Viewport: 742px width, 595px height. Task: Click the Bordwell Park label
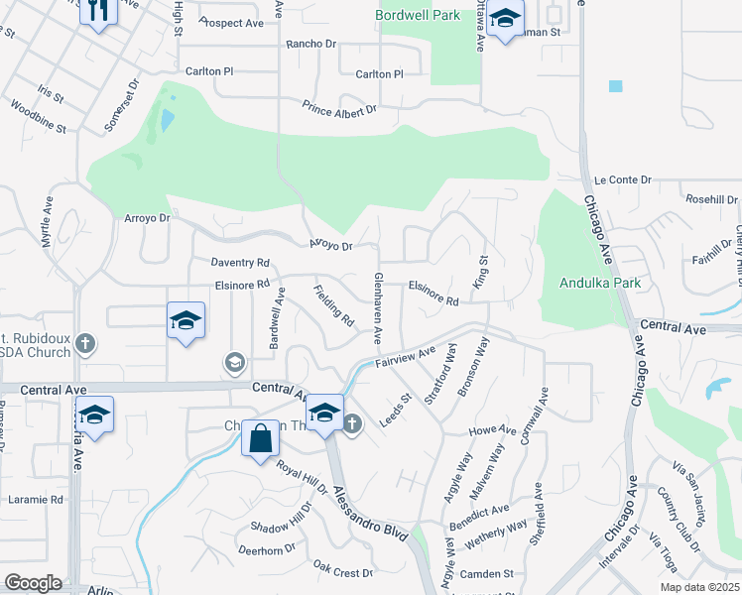419,16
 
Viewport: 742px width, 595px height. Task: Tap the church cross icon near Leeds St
352,424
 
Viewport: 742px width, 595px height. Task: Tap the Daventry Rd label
240,263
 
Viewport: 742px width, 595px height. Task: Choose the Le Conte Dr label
622,179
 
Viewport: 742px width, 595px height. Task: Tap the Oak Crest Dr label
342,570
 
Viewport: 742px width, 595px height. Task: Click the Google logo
34,582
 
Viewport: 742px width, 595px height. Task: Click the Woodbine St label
41,128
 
